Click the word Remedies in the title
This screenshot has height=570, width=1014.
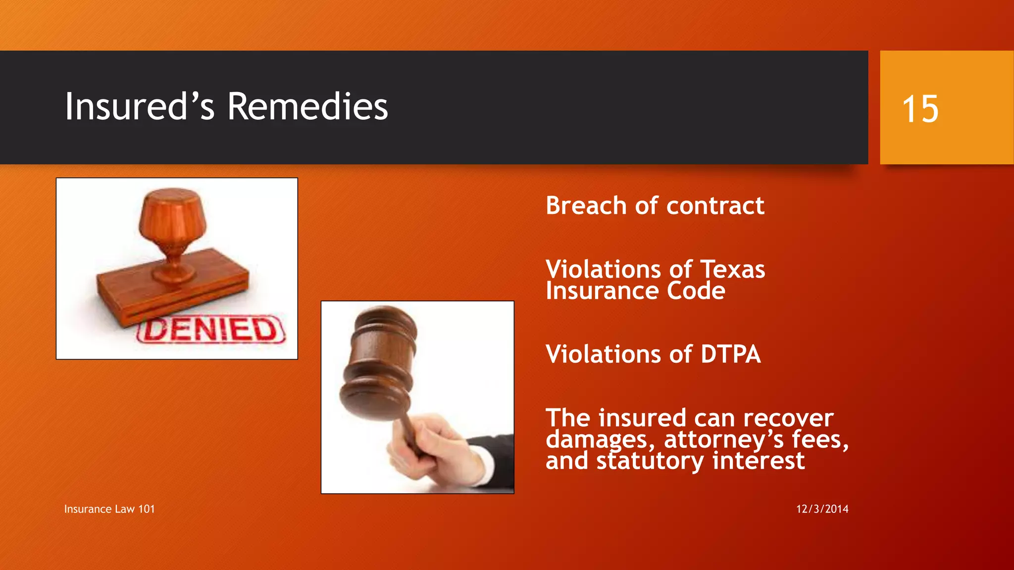pos(307,107)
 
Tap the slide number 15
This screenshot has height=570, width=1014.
pos(920,109)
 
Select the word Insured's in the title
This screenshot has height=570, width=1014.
pos(140,107)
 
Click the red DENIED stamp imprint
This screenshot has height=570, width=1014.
pos(210,330)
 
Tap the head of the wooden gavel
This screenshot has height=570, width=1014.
pos(379,364)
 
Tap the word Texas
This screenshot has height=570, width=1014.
pos(733,270)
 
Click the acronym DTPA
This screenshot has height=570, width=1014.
pos(730,355)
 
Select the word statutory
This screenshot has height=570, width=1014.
pos(650,461)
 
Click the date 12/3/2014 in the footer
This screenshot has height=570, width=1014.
pos(822,509)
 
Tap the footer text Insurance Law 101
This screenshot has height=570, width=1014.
pos(109,509)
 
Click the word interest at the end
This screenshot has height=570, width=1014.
pos(759,461)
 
